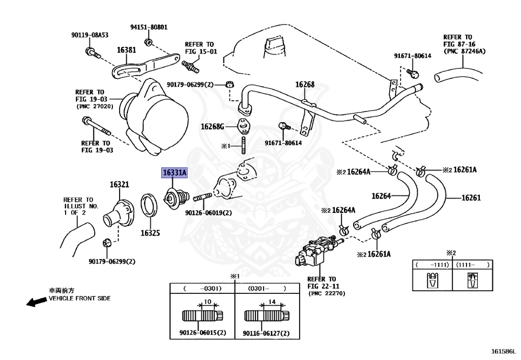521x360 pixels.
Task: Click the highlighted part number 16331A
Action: (175, 173)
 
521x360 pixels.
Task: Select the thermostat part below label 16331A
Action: (176, 198)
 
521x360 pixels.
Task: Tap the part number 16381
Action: (126, 50)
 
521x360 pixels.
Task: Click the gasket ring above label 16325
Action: (149, 205)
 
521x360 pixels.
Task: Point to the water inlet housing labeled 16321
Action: (118, 212)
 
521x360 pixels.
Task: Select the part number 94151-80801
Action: (149, 27)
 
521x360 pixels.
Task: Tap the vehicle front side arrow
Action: (37, 301)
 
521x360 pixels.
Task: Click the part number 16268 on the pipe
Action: (305, 85)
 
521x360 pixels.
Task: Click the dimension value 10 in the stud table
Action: (208, 302)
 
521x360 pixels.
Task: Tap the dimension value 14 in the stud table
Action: (272, 302)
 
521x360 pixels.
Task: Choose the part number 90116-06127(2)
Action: (266, 333)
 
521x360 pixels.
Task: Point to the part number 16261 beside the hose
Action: (471, 198)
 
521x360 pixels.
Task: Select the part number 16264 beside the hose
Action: (381, 196)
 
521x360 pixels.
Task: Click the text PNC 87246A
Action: (465, 51)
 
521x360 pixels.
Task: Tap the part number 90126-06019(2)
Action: (208, 213)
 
